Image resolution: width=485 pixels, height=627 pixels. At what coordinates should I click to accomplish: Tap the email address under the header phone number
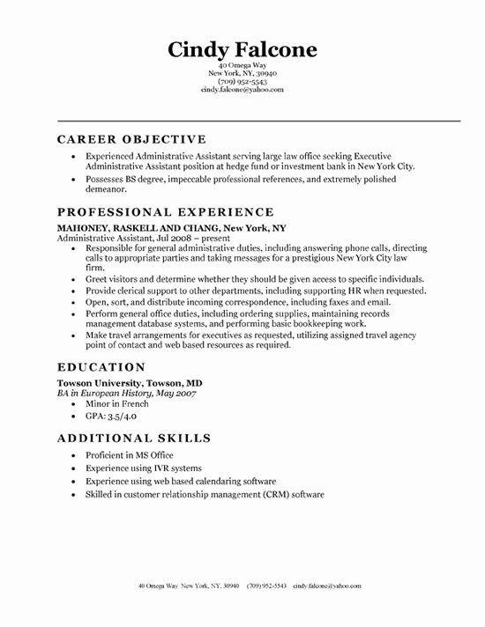coord(242,89)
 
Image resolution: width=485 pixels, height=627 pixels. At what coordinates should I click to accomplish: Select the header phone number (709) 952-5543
coord(242,81)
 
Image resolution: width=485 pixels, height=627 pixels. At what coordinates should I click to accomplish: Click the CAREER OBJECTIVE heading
coord(131,140)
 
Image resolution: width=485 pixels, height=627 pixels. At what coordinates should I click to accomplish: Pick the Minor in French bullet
coord(113,382)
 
